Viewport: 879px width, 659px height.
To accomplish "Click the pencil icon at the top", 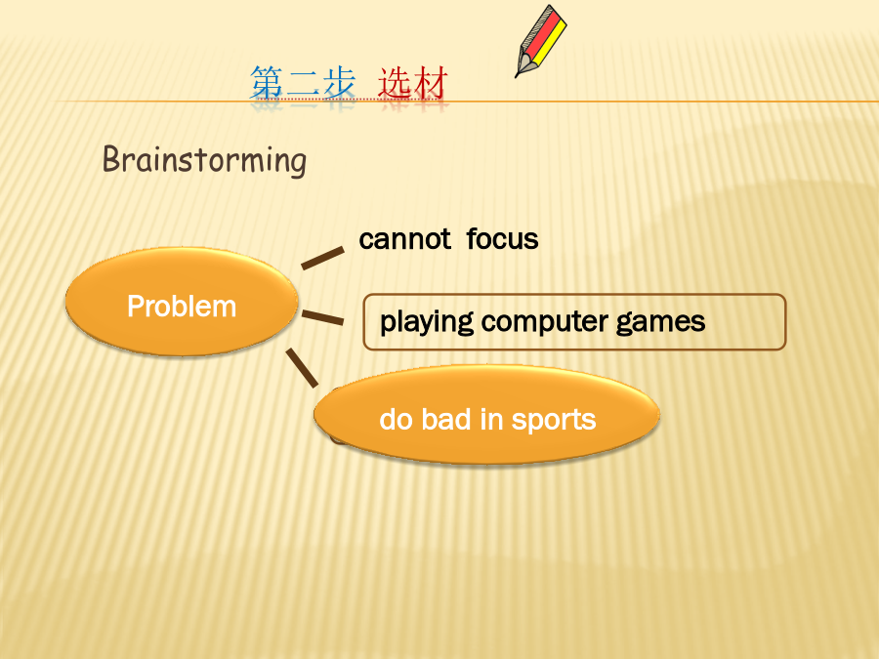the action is tap(541, 41).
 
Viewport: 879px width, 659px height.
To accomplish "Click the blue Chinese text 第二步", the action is tap(303, 83).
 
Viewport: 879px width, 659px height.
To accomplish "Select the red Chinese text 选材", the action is tap(413, 83).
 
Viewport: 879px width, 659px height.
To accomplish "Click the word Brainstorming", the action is tap(205, 161).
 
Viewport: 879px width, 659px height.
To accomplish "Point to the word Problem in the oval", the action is tap(182, 306).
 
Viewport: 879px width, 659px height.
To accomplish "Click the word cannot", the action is tap(404, 239).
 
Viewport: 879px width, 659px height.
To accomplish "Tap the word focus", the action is tap(502, 239).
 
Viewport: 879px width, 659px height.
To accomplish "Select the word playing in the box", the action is tap(427, 322).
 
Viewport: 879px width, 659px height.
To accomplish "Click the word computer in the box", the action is tap(545, 322).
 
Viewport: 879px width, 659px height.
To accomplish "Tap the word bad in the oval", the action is tap(446, 419).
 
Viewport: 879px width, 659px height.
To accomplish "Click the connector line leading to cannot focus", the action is tap(322, 258).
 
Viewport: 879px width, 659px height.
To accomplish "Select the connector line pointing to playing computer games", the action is tap(322, 317).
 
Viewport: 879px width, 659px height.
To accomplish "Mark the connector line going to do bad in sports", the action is tap(302, 368).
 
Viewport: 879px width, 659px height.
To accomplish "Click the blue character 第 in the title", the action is tap(267, 83).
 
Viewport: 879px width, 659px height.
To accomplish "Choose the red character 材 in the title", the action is tap(431, 83).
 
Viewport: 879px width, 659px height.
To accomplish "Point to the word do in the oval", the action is tap(397, 419).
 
